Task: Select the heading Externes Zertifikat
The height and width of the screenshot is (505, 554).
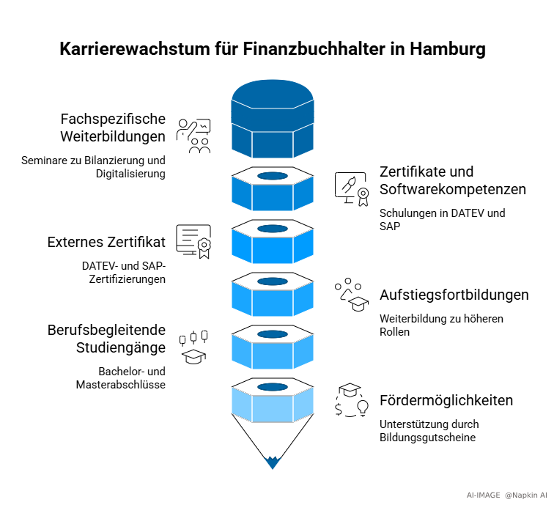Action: pyautogui.click(x=106, y=243)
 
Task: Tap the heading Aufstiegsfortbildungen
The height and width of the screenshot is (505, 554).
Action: pyautogui.click(x=454, y=295)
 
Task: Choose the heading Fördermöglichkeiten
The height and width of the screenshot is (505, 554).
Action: pyautogui.click(x=446, y=401)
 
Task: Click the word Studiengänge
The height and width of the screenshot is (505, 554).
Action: pyautogui.click(x=121, y=347)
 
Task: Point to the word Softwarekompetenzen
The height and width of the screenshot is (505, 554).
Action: pyautogui.click(x=453, y=189)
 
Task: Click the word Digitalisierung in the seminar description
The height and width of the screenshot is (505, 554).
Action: pyautogui.click(x=130, y=174)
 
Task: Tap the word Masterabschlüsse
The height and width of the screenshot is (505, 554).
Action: pyautogui.click(x=121, y=385)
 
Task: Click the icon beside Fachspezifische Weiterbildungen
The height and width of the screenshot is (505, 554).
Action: pyautogui.click(x=194, y=136)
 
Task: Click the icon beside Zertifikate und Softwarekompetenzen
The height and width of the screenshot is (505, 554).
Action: pyautogui.click(x=351, y=189)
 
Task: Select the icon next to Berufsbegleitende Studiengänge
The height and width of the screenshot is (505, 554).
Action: pyautogui.click(x=194, y=347)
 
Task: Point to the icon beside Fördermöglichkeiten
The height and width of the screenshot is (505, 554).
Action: pyautogui.click(x=351, y=400)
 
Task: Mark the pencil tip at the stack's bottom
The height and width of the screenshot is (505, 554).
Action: pyautogui.click(x=273, y=462)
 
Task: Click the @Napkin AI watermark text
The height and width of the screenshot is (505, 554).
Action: pyautogui.click(x=526, y=495)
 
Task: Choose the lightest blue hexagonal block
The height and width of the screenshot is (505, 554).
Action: pyautogui.click(x=273, y=402)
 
